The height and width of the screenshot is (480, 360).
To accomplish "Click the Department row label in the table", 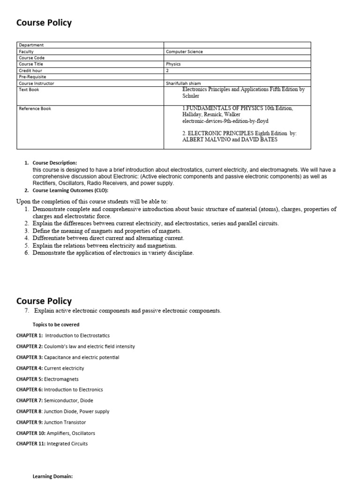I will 31,45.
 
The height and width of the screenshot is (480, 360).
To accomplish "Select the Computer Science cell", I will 184,52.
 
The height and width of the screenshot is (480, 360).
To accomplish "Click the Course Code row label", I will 32,58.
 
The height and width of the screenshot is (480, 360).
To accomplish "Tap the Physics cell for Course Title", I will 173,64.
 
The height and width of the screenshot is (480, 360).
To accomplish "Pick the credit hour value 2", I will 167,70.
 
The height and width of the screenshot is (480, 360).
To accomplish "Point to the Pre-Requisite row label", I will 32,77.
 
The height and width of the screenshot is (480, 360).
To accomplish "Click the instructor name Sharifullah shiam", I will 183,83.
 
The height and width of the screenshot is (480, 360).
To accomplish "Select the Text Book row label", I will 29,90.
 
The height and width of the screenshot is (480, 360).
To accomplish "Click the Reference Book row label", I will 35,109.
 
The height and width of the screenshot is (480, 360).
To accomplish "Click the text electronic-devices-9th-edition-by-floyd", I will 225,121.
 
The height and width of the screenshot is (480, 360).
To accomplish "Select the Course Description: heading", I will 55,163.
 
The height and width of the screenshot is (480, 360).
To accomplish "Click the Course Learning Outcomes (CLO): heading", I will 70,190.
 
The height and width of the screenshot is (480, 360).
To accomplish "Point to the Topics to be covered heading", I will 56,324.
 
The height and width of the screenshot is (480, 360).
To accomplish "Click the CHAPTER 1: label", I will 30,336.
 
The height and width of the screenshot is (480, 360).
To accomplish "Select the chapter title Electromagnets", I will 61,379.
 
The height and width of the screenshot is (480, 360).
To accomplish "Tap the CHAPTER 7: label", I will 30,400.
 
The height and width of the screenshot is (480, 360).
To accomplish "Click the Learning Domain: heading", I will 52,476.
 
